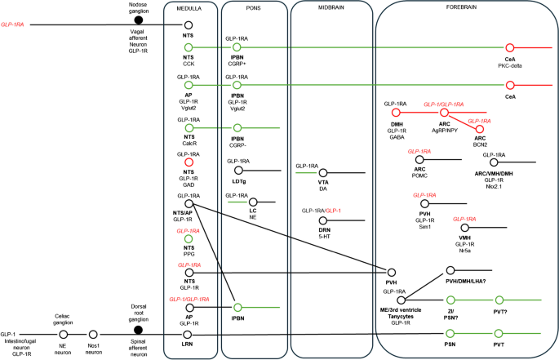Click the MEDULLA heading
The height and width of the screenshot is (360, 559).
click(189, 8)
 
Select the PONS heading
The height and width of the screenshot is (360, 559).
click(254, 8)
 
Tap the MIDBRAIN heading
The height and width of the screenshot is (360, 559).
click(331, 7)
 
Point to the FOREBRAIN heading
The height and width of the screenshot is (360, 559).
click(461, 7)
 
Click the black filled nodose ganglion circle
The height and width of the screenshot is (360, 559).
click(139, 20)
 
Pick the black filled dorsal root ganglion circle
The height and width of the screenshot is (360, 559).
click(139, 330)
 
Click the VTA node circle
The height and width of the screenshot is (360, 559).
click(323, 173)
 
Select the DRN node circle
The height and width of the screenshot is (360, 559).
click(323, 220)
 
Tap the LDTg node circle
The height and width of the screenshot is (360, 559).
click(238, 170)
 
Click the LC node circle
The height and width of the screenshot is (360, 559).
click(253, 202)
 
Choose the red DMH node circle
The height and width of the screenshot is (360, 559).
click(396, 113)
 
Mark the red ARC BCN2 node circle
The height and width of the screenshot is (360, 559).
click(480, 129)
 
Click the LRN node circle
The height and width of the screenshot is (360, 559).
click(187, 335)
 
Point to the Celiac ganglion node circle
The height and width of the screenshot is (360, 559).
click(64, 335)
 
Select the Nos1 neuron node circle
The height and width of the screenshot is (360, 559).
click(93, 335)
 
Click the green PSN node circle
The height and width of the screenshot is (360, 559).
click(450, 333)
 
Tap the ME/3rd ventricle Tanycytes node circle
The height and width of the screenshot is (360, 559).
click(401, 300)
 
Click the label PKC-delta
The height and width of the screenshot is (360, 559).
click(510, 65)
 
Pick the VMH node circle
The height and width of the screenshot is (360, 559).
click(465, 228)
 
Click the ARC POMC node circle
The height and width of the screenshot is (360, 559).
click(419, 159)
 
